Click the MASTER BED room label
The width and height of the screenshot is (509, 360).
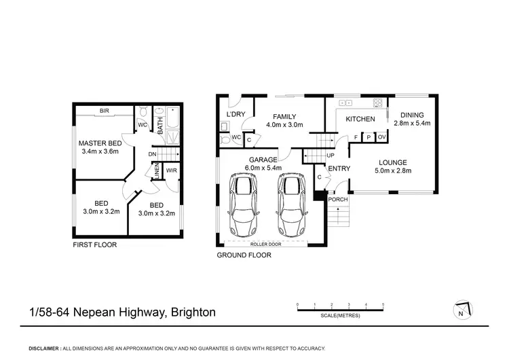[x=100, y=143]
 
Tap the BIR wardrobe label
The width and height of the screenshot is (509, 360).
[x=104, y=110]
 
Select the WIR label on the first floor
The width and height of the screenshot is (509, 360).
[x=171, y=170]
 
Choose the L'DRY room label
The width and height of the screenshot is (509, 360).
[x=235, y=114]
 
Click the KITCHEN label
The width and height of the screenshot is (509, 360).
[x=361, y=120]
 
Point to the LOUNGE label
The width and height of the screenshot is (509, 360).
[x=393, y=162]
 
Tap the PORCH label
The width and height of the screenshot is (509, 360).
[x=337, y=199]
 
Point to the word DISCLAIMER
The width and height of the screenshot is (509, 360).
[x=44, y=348]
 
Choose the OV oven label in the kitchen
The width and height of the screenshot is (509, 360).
[x=381, y=137]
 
